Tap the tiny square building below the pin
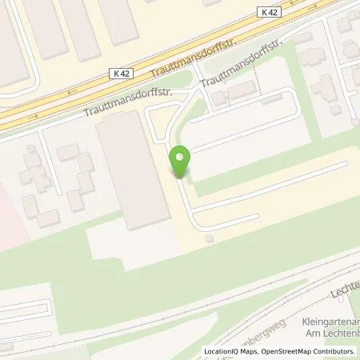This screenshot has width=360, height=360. (x=210, y=238)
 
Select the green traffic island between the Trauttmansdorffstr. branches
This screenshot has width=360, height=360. (x=179, y=83)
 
